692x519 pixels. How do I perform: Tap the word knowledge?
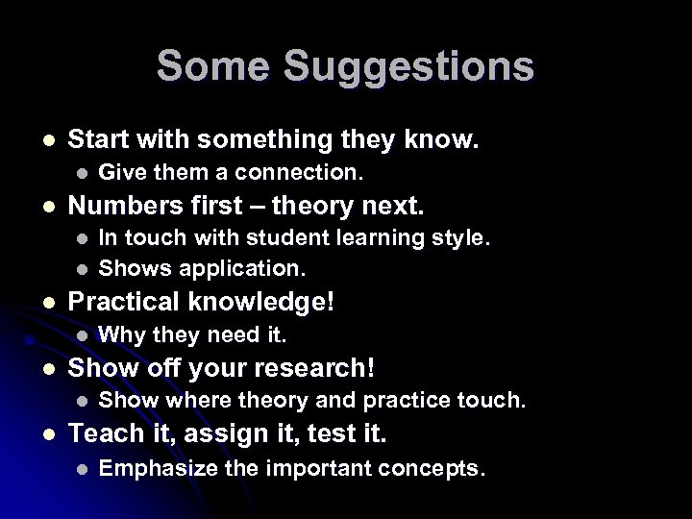(x=258, y=301)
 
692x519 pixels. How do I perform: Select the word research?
(x=322, y=368)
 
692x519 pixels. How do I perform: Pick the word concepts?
(x=436, y=469)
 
